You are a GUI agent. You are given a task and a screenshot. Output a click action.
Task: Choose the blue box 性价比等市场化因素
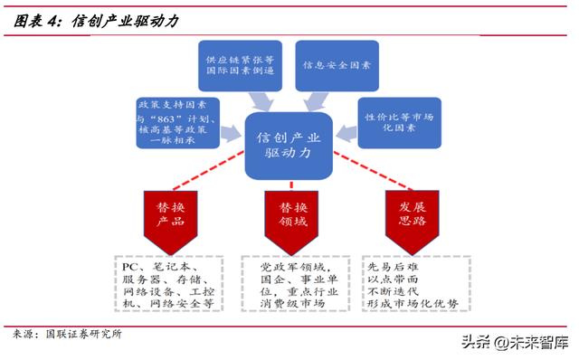coord(399,122)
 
